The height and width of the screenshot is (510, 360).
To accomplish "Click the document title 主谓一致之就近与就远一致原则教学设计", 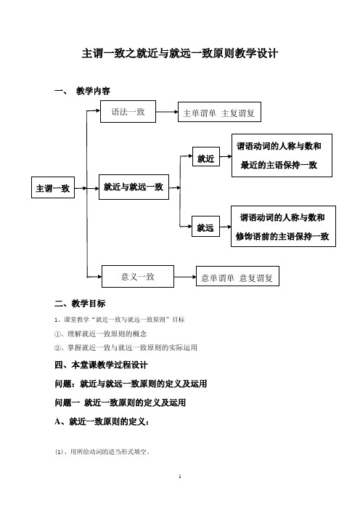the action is click(180, 53).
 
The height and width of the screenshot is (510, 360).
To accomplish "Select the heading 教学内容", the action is click(93, 91).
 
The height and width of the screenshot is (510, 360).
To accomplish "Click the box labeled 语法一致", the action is click(128, 112).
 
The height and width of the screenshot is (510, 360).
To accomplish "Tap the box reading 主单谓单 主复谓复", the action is click(219, 112).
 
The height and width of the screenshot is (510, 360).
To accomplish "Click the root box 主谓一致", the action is click(53, 187).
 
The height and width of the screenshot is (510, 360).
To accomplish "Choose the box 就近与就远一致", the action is click(134, 187).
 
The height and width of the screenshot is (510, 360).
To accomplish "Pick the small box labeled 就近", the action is click(206, 156).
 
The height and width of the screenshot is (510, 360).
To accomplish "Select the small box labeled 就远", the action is click(205, 227).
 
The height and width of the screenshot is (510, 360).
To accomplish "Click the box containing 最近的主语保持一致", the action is click(282, 155).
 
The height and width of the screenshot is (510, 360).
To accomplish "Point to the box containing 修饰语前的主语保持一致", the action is click(283, 227).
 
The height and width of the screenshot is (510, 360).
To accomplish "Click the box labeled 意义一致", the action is click(138, 277).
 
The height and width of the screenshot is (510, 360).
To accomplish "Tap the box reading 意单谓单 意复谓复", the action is click(237, 277).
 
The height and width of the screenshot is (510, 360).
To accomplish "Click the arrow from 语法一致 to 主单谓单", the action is click(167, 112).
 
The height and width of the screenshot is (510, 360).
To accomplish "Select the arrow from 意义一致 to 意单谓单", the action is click(185, 277).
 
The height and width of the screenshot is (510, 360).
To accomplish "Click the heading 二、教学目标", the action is click(80, 304).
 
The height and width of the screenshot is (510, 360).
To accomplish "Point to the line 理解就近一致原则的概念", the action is click(100, 333).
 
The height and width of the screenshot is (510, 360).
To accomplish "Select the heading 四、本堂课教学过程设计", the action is click(101, 365).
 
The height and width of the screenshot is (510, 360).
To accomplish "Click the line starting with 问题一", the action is click(120, 402).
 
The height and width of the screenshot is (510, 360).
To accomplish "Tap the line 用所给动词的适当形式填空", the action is click(102, 452).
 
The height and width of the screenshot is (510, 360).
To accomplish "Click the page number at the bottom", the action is click(180, 477).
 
